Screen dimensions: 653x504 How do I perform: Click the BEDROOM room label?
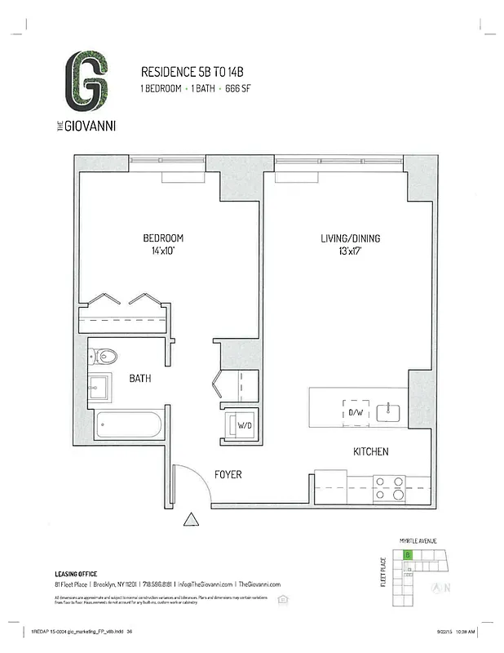[163, 238]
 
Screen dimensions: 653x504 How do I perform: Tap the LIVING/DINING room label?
[350, 239]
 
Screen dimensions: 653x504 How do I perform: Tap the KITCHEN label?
[370, 451]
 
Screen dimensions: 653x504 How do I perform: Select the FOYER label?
[228, 474]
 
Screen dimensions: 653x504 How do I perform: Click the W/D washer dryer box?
[244, 425]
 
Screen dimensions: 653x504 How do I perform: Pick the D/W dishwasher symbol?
[356, 411]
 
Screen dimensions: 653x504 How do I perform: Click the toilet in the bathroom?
[104, 356]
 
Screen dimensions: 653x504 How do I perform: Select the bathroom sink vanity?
[102, 385]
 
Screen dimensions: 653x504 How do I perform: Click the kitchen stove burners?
[389, 486]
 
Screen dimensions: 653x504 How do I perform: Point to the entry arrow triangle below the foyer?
[192, 519]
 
